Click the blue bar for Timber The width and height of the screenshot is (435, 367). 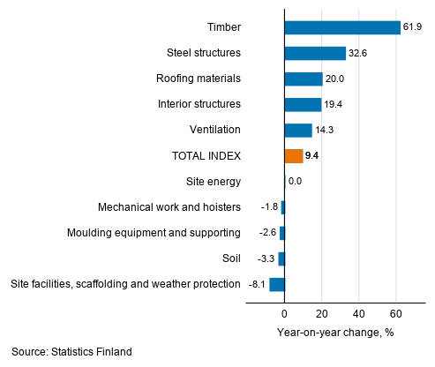click(342, 27)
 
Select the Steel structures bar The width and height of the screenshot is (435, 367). click(315, 53)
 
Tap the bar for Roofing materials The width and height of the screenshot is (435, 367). click(304, 79)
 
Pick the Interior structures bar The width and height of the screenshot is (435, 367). click(303, 104)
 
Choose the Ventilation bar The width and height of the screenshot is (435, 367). click(298, 131)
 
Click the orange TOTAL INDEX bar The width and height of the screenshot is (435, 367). click(294, 156)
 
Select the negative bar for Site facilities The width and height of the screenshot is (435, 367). click(277, 284)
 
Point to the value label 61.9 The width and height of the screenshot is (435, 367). click(414, 27)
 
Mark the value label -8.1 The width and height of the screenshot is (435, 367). click(257, 284)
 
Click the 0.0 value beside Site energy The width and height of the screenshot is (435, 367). click(296, 182)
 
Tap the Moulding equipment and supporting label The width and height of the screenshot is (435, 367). click(154, 233)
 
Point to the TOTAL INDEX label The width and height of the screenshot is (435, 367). click(206, 156)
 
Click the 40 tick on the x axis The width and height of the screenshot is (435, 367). click(359, 313)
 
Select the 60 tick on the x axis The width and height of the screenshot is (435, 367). click(396, 313)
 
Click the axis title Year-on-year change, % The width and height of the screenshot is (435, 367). click(334, 332)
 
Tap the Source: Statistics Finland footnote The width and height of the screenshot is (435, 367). click(72, 352)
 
